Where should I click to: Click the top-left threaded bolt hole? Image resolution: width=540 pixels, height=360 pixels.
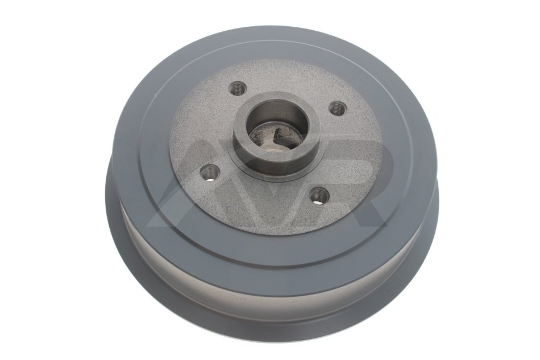click(238, 89)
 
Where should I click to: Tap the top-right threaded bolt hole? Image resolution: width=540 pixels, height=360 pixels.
click(337, 109)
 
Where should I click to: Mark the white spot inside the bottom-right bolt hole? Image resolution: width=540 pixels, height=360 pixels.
click(321, 199)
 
